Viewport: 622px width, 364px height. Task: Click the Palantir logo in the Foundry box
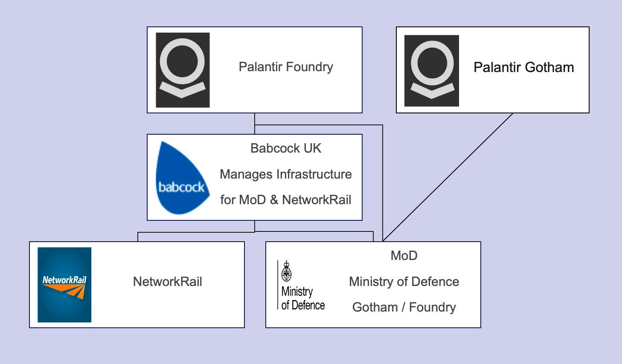pos(183,70)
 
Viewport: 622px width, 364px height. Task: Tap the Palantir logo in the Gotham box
pos(432,71)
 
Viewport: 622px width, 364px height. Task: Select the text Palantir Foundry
pos(285,67)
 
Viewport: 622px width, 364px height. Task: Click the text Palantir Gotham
pos(523,67)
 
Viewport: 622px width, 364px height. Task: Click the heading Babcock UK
pos(285,148)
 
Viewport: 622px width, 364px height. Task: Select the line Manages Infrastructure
pos(285,174)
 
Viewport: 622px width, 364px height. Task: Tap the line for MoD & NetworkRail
pos(285,200)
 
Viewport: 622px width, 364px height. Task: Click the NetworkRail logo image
pos(64,285)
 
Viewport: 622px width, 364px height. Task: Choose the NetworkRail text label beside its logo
pos(167,282)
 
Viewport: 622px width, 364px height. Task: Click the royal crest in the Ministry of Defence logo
pos(287,272)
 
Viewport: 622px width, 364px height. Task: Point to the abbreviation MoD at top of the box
pos(404,256)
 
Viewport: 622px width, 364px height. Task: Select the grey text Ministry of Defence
pos(404,282)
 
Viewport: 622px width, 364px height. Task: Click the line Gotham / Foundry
pos(404,307)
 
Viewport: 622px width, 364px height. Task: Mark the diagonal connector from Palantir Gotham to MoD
pos(448,177)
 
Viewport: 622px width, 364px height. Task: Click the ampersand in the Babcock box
pos(274,200)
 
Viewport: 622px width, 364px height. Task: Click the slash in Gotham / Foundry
pos(403,307)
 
